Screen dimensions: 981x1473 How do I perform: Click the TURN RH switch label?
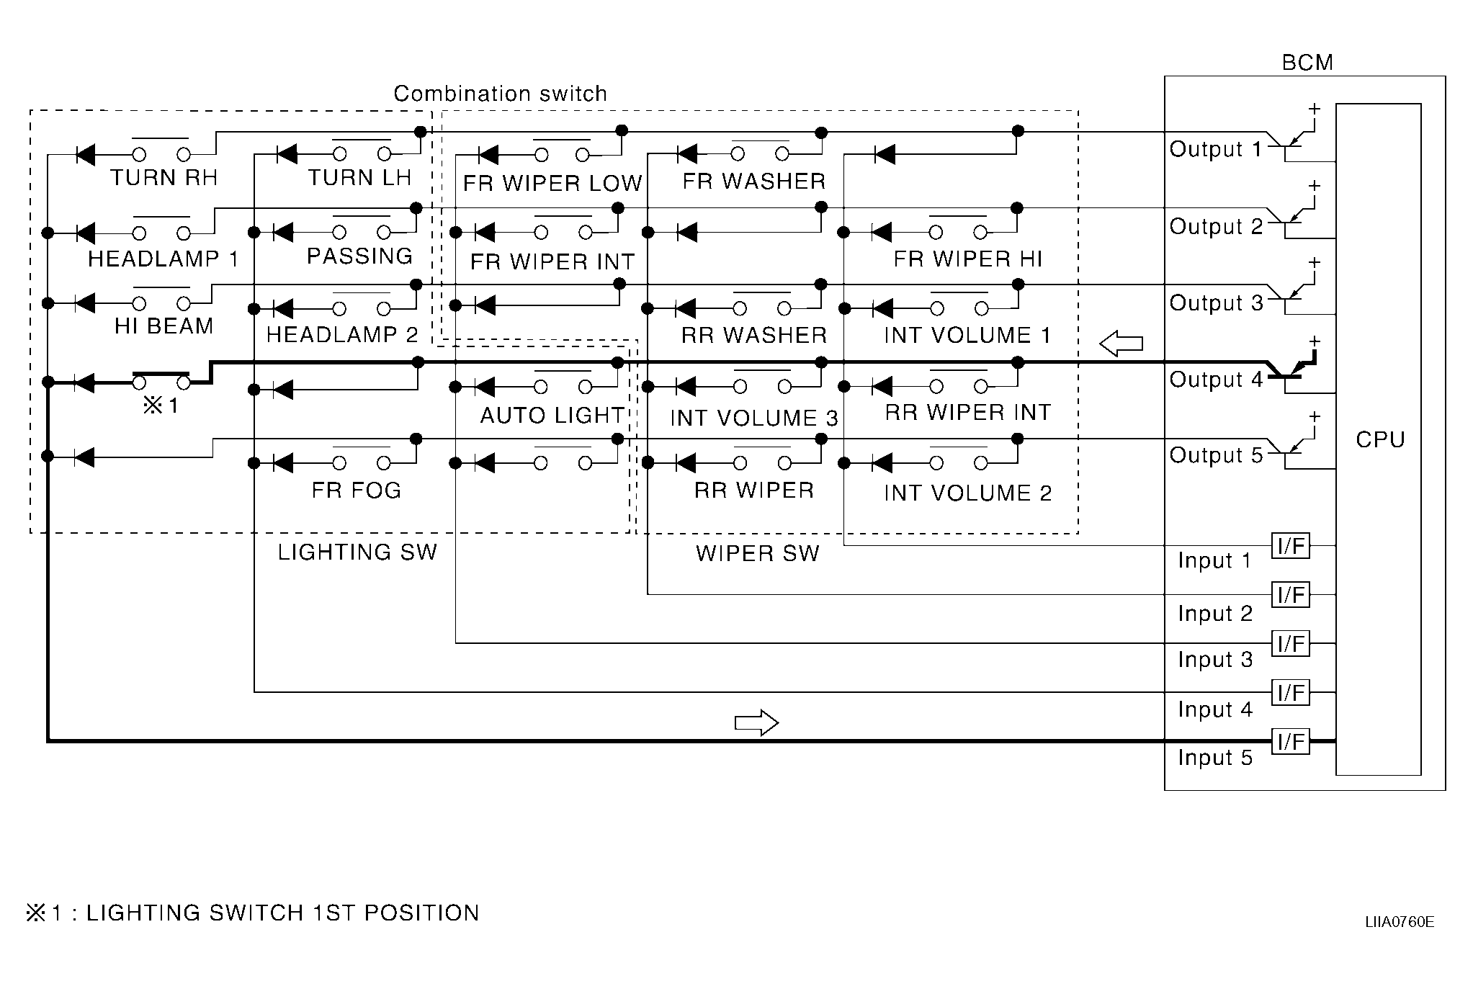[x=164, y=178]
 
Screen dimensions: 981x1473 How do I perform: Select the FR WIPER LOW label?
[x=552, y=184]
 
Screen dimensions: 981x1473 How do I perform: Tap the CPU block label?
[x=1379, y=439]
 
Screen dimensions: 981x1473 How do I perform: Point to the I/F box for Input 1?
[x=1290, y=546]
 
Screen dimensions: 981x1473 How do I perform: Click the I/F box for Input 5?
[x=1290, y=741]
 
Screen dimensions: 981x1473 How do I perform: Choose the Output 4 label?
[x=1215, y=380]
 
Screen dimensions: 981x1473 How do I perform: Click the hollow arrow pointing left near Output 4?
[x=1121, y=343]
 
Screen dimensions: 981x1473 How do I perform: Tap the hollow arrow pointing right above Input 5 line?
[x=756, y=722]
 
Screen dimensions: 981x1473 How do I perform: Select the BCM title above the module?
[x=1307, y=63]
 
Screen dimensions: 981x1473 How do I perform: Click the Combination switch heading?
[x=500, y=94]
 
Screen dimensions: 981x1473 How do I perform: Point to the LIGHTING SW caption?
[x=357, y=552]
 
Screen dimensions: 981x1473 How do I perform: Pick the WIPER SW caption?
[x=757, y=553]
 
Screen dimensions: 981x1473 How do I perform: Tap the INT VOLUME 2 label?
[x=967, y=493]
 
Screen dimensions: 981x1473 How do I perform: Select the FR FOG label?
[x=356, y=491]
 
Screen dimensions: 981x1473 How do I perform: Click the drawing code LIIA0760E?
[x=1399, y=923]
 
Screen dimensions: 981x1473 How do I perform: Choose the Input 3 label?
[x=1215, y=660]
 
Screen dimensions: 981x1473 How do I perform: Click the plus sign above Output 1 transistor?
[x=1314, y=109]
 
